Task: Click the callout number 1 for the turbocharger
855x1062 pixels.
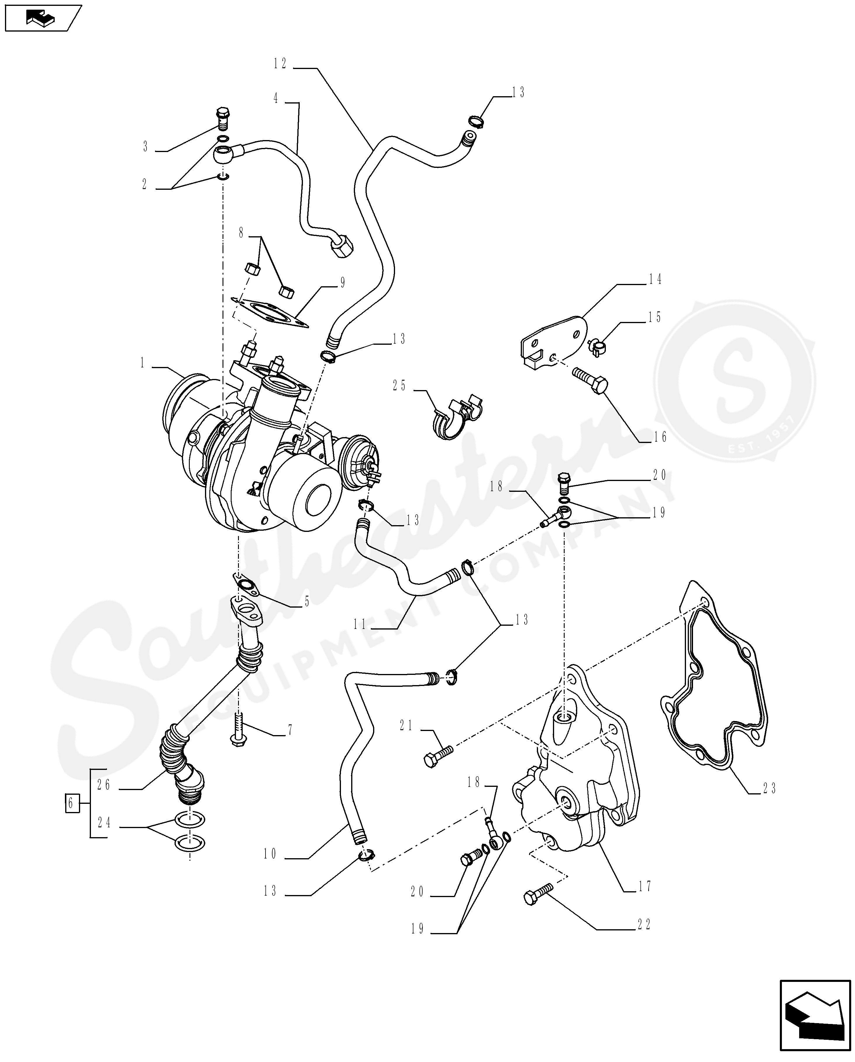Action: pos(143,363)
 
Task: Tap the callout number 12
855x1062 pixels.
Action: pos(280,64)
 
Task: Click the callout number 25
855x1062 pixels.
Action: pos(399,386)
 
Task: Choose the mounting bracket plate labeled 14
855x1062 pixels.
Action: pos(554,339)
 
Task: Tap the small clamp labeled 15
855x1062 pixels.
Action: pos(597,347)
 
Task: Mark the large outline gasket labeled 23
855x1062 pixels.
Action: pos(714,689)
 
